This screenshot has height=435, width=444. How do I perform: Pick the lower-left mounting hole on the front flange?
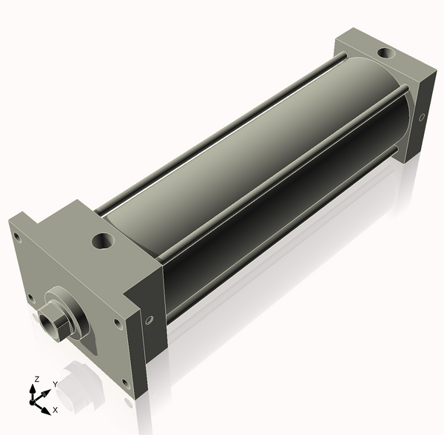30,298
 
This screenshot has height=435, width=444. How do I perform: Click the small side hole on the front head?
150,320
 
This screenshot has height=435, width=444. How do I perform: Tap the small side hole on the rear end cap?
422,117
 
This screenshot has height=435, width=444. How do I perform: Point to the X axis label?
55,409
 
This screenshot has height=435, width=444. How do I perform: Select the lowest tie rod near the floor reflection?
281,237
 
